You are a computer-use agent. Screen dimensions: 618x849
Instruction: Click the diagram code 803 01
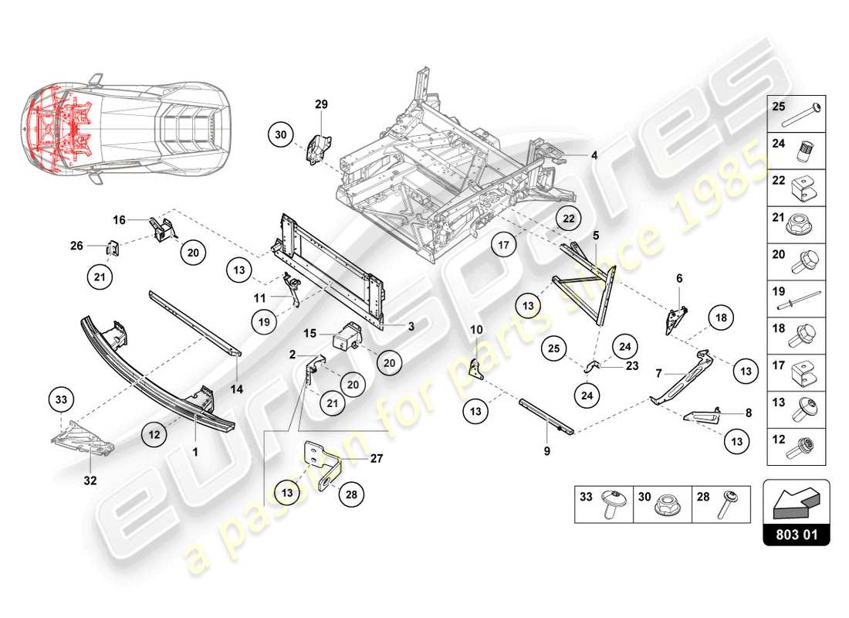(x=796, y=533)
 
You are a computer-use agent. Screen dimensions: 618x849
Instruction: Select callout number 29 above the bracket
(x=322, y=104)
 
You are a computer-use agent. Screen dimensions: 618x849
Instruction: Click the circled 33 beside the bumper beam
(x=61, y=400)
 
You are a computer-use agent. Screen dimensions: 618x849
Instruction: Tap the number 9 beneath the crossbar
(x=546, y=450)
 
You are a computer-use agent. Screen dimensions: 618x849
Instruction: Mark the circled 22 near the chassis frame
(x=568, y=219)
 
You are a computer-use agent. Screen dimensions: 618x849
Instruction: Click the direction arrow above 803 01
(x=795, y=503)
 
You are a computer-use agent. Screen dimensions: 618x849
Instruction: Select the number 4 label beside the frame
(x=594, y=154)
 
